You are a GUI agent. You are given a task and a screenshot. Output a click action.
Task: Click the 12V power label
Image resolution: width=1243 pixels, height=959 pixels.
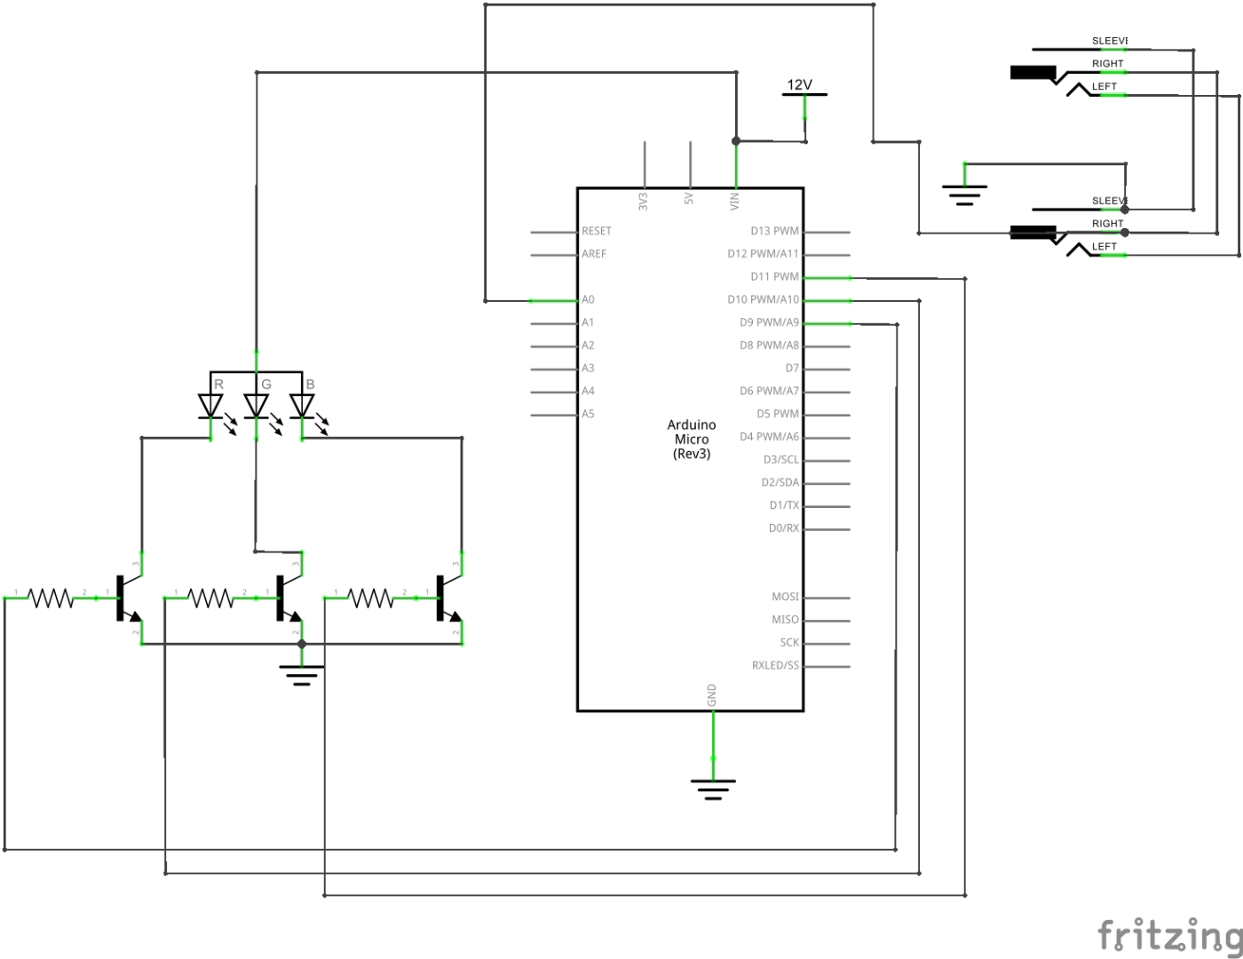(x=799, y=85)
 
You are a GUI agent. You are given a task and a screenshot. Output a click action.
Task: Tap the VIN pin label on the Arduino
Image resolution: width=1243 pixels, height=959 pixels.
(x=734, y=201)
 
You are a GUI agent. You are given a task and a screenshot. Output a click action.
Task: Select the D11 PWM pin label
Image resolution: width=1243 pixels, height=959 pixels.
(x=774, y=277)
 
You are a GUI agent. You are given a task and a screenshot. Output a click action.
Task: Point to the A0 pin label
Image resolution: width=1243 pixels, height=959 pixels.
(x=588, y=300)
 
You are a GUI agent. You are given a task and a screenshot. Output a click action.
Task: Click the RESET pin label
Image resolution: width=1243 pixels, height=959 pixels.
(x=597, y=231)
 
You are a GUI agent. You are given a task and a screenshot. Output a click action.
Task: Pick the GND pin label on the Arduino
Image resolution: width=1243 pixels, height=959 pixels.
(x=712, y=695)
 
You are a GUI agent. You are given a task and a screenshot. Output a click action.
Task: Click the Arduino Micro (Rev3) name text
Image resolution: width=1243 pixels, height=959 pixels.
(x=692, y=439)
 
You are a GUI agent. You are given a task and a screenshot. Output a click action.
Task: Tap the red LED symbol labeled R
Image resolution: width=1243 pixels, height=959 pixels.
(x=210, y=405)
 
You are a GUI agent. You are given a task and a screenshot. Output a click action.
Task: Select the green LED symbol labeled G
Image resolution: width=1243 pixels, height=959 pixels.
(x=257, y=405)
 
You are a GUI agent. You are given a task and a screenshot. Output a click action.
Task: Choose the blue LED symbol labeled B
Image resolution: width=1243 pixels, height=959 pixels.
(x=303, y=405)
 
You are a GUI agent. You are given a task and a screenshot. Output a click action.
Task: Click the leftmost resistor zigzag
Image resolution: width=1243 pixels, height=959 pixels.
(x=51, y=598)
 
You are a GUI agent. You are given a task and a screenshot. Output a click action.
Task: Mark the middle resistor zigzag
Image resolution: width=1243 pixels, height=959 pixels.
(x=211, y=598)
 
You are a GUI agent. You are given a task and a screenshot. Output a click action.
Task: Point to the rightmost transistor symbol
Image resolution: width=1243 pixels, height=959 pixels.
(x=449, y=598)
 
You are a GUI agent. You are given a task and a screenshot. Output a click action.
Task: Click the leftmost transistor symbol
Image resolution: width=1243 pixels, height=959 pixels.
(x=130, y=598)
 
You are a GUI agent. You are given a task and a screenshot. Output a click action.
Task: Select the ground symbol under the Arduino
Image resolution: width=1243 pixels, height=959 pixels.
(x=713, y=789)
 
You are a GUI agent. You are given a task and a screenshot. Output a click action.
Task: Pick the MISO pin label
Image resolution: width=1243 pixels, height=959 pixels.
(x=785, y=620)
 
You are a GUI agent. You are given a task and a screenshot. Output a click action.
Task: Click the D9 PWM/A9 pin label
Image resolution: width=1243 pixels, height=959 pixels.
(x=769, y=323)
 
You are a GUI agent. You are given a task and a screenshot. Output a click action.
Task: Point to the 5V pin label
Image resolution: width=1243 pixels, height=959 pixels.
(x=689, y=200)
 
